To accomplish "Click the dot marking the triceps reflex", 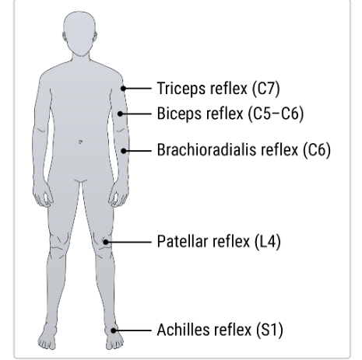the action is [124, 89].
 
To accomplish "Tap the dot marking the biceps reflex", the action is [120, 114].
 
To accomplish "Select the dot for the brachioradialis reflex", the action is [124, 151].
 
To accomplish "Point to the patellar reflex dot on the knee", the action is [106, 242].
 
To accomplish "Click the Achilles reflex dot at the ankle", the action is [114, 330].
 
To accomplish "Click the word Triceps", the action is [182, 89].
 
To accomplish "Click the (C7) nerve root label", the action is [266, 89].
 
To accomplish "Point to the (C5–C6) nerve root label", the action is [276, 114].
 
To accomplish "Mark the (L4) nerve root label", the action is [268, 242].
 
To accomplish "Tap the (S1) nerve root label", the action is [269, 330].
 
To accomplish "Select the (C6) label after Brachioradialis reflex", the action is [317, 150].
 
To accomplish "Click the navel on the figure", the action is [80, 142].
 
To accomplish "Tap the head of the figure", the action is [79, 33].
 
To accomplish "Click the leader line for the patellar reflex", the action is [128, 242].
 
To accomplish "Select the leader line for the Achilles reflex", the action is [132, 330].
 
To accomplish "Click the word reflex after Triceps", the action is [229, 89].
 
